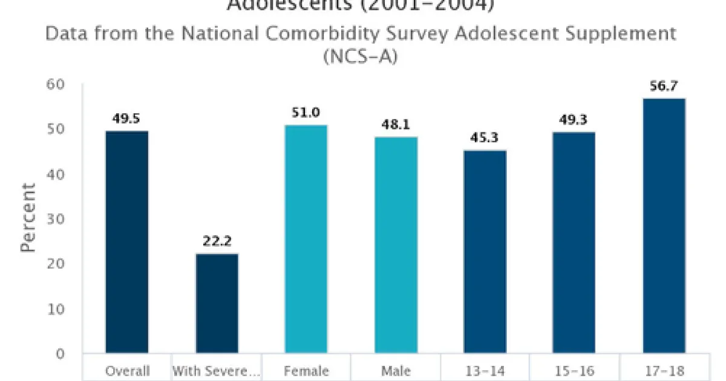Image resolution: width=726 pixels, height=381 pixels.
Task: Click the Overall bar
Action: pyautogui.click(x=127, y=242)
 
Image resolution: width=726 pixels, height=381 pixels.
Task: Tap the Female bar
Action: pyautogui.click(x=306, y=239)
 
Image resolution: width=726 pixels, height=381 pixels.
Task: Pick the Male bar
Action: pyautogui.click(x=396, y=245)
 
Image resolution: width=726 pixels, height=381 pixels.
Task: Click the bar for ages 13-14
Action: pyautogui.click(x=485, y=252)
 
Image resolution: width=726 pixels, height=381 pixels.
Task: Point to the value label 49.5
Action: pyautogui.click(x=127, y=119)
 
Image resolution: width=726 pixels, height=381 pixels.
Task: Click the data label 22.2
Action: pyautogui.click(x=217, y=241)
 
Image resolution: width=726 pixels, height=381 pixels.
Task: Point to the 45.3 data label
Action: pyautogui.click(x=485, y=138)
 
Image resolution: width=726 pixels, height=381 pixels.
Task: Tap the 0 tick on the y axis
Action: pyautogui.click(x=59, y=353)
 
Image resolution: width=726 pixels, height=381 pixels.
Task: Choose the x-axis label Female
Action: pyautogui.click(x=306, y=371)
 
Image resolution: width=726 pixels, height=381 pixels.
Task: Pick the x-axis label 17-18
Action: pyautogui.click(x=664, y=371)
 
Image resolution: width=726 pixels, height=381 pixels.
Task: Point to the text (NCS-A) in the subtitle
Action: pyautogui.click(x=361, y=58)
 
